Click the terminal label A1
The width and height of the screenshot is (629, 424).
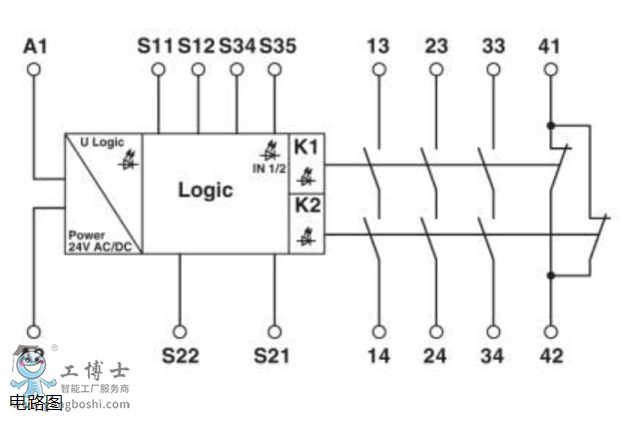pyautogui.click(x=35, y=46)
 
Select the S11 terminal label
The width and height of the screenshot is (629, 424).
pyautogui.click(x=156, y=46)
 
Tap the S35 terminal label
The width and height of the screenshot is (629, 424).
pyautogui.click(x=278, y=46)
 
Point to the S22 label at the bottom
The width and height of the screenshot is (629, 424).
pyautogui.click(x=180, y=355)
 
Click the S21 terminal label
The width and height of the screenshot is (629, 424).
pyautogui.click(x=273, y=355)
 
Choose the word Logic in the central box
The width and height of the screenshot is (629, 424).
pyautogui.click(x=206, y=190)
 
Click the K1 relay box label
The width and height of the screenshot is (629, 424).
pyautogui.click(x=306, y=147)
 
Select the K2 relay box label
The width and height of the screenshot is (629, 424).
pyautogui.click(x=306, y=208)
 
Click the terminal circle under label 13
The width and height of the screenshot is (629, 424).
pyautogui.click(x=378, y=69)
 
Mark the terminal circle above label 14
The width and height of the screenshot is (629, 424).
pyautogui.click(x=379, y=331)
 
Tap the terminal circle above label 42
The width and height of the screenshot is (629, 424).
pyautogui.click(x=550, y=331)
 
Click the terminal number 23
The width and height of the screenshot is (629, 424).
pyautogui.click(x=435, y=46)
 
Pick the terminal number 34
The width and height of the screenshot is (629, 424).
pyautogui.click(x=493, y=355)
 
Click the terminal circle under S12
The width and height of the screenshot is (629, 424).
pyautogui.click(x=198, y=69)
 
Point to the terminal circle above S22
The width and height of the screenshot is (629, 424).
pyautogui.click(x=180, y=331)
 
